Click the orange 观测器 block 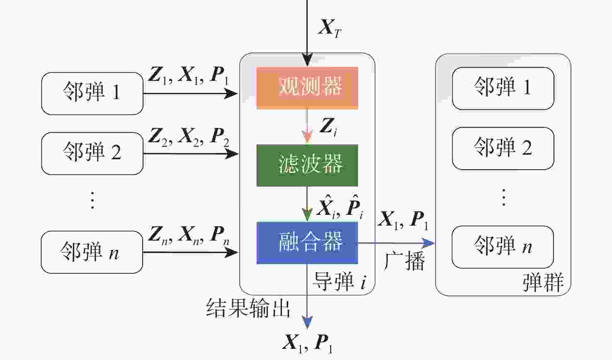pyautogui.click(x=307, y=88)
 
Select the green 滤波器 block pyautogui.click(x=307, y=165)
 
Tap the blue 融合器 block pyautogui.click(x=307, y=243)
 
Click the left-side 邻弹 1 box pyautogui.click(x=92, y=93)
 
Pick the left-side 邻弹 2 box pyautogui.click(x=92, y=153)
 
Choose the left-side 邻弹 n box pyautogui.click(x=92, y=252)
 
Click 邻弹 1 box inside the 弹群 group pyautogui.click(x=503, y=88)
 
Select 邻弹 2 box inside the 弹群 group pyautogui.click(x=503, y=148)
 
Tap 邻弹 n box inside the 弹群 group pyautogui.click(x=503, y=247)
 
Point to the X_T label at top pyautogui.click(x=330, y=28)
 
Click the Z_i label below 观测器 pyautogui.click(x=328, y=126)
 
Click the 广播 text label pyautogui.click(x=404, y=261)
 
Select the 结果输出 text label pyautogui.click(x=248, y=308)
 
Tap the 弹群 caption pyautogui.click(x=543, y=283)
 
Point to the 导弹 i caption pyautogui.click(x=339, y=281)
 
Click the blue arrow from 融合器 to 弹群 pyautogui.click(x=396, y=243)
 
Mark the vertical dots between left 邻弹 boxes pyautogui.click(x=92, y=200)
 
